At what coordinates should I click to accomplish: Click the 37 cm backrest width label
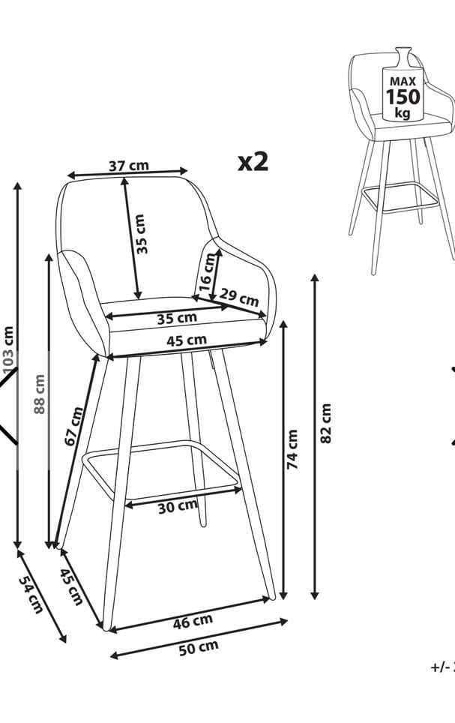(128, 166)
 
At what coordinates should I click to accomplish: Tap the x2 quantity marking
(253, 161)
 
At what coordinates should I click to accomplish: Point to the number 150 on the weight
(403, 97)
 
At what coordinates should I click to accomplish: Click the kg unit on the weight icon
(403, 113)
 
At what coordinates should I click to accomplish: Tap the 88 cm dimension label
(40, 394)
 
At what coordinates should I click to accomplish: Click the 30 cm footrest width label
(178, 508)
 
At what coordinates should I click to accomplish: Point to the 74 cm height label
(293, 449)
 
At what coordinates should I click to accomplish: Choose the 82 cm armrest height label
(325, 424)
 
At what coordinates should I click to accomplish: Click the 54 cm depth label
(30, 597)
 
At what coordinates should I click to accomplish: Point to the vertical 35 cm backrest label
(141, 233)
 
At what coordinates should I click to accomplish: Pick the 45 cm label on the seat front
(186, 341)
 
